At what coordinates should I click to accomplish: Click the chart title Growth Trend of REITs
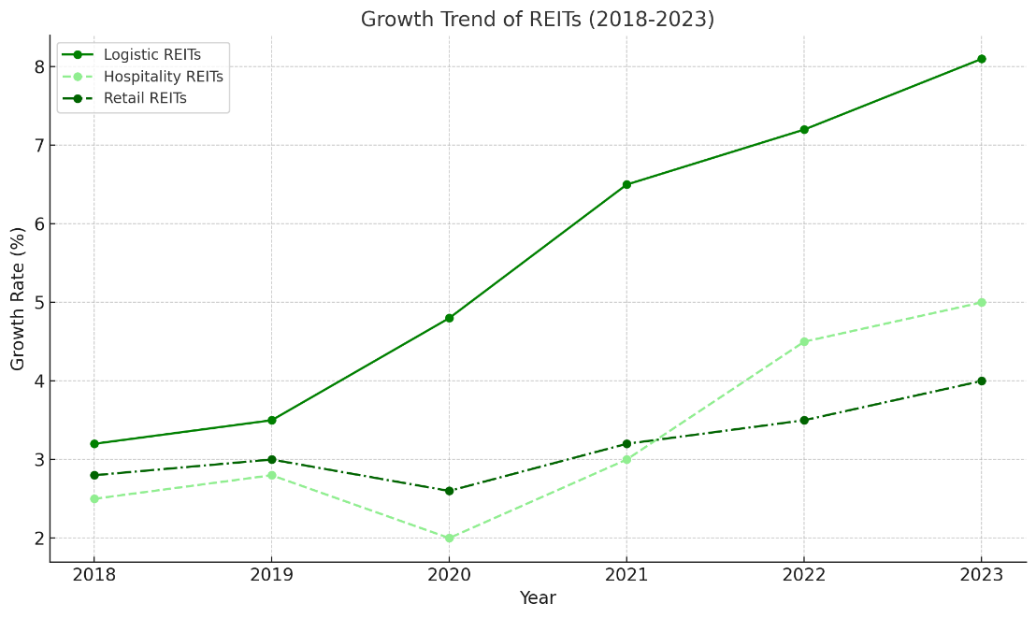pos(538,20)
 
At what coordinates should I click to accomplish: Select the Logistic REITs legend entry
pos(151,55)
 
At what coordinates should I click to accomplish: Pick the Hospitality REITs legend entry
pos(163,77)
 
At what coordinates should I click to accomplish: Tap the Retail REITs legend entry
pos(145,98)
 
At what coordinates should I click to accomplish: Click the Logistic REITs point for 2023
pos(981,59)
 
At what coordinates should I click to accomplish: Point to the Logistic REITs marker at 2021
pos(626,185)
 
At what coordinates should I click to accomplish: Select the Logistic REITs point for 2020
pos(449,318)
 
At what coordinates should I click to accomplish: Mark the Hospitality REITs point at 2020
pos(449,539)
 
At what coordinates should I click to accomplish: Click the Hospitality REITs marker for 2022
pos(804,342)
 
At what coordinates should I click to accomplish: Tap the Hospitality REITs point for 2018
pos(94,499)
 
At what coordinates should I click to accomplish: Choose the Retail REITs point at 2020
pos(449,491)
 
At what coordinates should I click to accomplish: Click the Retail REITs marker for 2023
pos(981,381)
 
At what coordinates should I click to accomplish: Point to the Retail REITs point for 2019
pos(272,460)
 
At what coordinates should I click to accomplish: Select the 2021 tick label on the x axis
pos(626,575)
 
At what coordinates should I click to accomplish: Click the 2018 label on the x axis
pos(94,575)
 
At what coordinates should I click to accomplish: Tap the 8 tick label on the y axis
pos(40,67)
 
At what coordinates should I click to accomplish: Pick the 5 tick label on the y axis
pos(40,303)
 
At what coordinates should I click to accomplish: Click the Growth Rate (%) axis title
pos(19,298)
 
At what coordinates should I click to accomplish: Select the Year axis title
pos(538,598)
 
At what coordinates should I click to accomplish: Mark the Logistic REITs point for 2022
pos(804,130)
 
